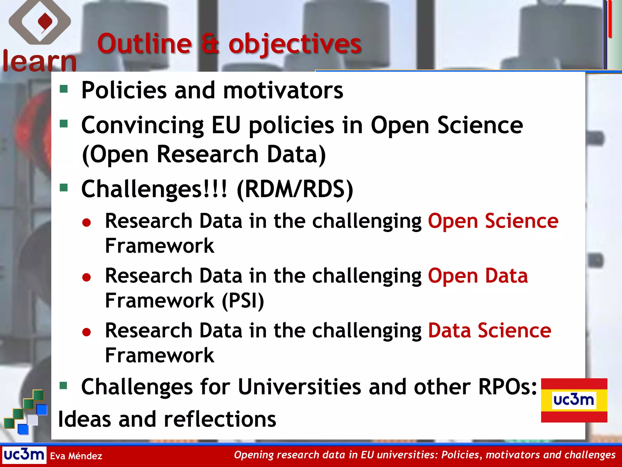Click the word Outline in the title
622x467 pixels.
coord(145,44)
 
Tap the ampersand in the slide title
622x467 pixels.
coord(210,44)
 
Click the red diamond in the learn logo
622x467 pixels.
coord(45,22)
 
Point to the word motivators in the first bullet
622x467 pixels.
coord(283,91)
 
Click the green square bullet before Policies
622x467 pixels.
coord(64,89)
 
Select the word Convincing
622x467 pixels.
coord(142,126)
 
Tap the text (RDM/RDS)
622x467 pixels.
coord(295,189)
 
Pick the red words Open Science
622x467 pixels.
coord(493,221)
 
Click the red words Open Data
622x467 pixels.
coord(478,276)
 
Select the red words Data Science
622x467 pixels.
coord(489,330)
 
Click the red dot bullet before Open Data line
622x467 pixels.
coord(87,277)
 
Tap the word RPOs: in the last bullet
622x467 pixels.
coord(508,387)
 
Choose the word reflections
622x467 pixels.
coord(220,419)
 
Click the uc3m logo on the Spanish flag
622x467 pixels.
coord(574,400)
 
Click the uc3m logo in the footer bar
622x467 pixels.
coord(24,455)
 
